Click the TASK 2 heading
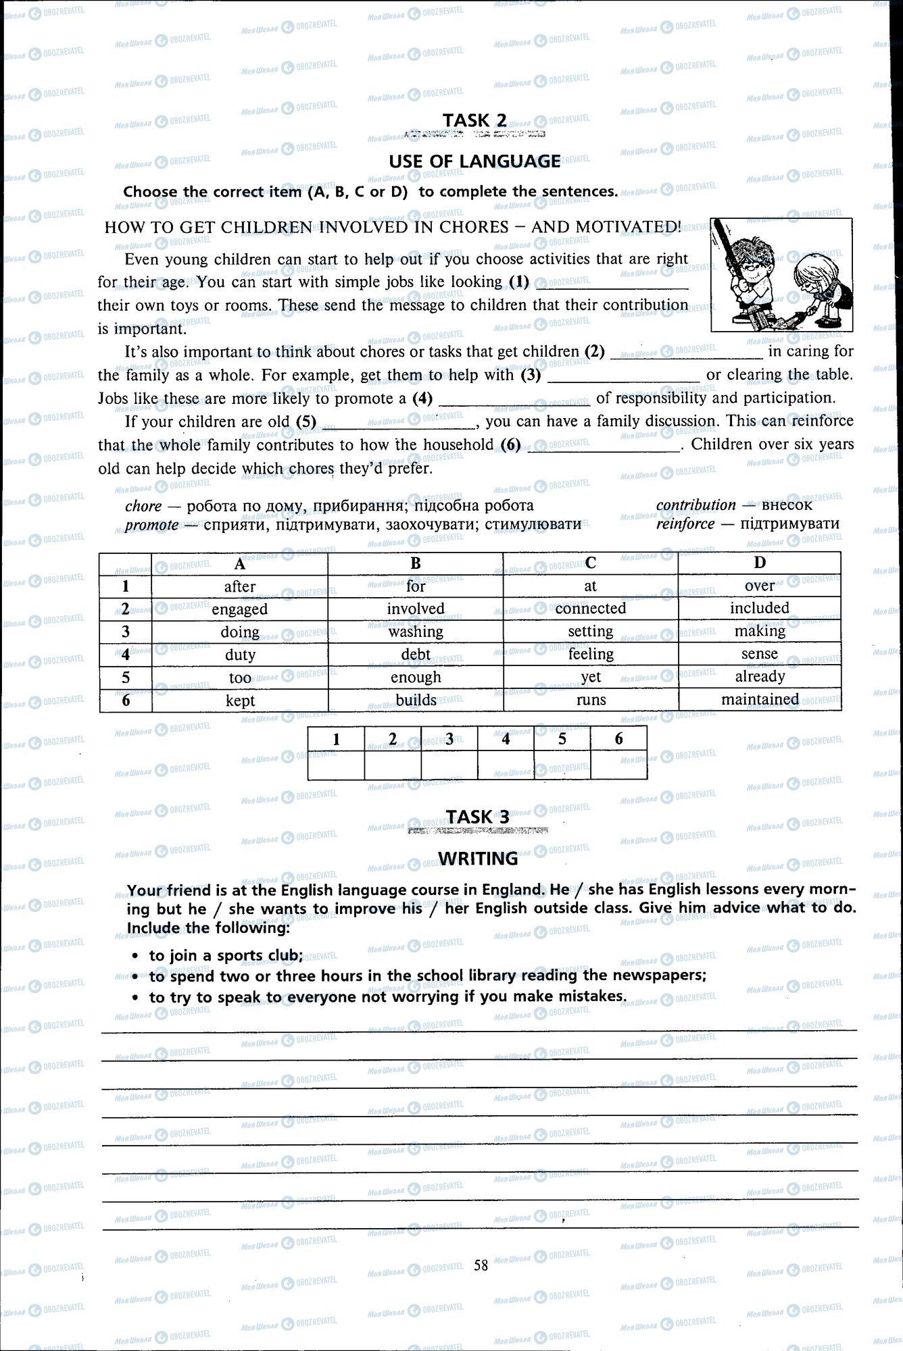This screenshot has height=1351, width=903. tap(474, 120)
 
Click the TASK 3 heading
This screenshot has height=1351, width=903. tap(477, 817)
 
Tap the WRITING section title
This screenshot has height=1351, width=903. tap(478, 859)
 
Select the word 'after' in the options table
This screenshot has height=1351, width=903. tap(240, 586)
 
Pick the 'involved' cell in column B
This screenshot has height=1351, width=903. tap(416, 609)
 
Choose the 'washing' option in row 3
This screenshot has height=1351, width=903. tap(416, 632)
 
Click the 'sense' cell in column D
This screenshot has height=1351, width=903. tap(759, 654)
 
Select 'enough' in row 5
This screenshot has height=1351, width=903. tap(416, 677)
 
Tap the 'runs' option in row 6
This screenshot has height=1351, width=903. tap(591, 700)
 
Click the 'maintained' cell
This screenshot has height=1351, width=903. tap(760, 700)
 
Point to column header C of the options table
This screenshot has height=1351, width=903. tap(591, 563)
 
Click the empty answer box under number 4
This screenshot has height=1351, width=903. tap(506, 765)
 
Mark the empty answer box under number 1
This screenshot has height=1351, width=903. tap(336, 765)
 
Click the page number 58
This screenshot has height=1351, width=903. tap(481, 1265)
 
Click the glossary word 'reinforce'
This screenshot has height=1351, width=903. tap(685, 524)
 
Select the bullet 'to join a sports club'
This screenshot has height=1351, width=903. tap(226, 955)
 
